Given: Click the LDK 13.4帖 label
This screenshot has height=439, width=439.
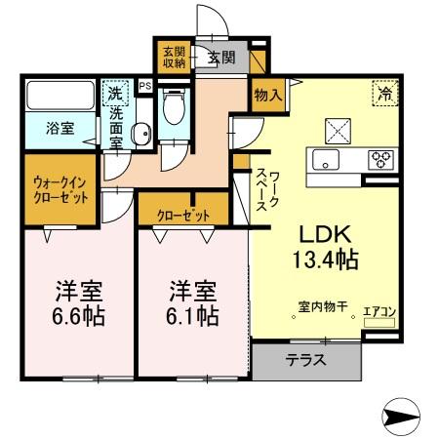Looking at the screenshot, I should (x=321, y=246).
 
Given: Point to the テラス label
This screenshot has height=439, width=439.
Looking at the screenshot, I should (x=305, y=360).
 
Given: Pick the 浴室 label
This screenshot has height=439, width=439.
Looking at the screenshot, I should (x=58, y=127).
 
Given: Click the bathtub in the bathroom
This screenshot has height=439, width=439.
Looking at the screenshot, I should (x=60, y=97).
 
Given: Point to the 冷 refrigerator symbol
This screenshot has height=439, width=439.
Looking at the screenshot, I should (x=384, y=95).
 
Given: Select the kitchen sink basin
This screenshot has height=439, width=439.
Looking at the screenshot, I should (x=324, y=159).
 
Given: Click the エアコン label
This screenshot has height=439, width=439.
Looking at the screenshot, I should (x=379, y=312).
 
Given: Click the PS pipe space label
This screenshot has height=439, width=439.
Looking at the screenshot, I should (x=145, y=87).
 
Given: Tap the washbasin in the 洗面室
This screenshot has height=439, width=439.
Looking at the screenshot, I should (x=140, y=135).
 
